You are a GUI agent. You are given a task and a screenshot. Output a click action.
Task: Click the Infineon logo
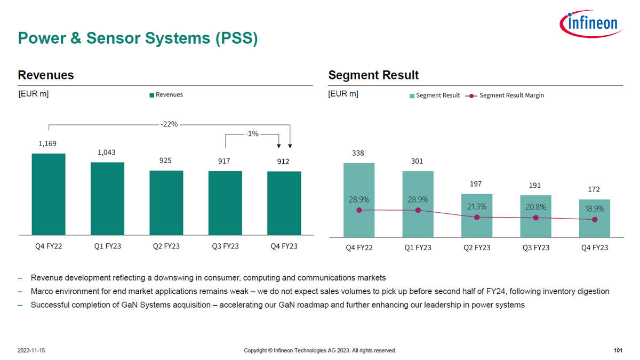(591, 24)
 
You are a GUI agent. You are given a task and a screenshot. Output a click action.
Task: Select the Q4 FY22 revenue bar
(49, 194)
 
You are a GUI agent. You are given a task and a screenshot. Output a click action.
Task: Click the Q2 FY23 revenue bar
(166, 203)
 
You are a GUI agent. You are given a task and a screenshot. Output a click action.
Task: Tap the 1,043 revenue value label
(107, 153)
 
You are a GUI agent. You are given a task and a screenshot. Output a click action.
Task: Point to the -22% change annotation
(169, 124)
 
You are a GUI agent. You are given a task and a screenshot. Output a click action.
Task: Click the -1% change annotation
(252, 134)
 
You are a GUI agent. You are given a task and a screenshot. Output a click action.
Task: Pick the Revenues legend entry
(166, 95)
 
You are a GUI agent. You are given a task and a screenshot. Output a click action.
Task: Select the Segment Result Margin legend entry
(505, 95)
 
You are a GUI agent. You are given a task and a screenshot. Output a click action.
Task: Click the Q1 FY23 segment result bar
(418, 204)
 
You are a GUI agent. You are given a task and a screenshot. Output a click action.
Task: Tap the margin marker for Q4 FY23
(595, 219)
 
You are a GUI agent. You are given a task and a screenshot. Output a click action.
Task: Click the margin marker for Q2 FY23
(477, 218)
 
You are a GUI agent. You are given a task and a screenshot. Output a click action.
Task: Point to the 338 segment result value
(358, 153)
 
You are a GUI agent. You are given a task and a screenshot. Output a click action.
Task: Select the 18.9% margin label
(595, 209)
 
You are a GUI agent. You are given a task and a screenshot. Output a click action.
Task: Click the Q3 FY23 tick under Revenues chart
(225, 246)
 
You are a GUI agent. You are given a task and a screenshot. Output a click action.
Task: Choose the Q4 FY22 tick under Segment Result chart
(359, 247)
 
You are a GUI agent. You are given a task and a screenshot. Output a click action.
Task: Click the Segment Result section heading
(373, 75)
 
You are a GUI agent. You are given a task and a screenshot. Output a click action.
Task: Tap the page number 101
(618, 350)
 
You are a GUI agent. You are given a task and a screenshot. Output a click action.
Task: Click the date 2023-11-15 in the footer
(31, 350)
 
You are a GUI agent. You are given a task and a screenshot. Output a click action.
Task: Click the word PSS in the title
(237, 38)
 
